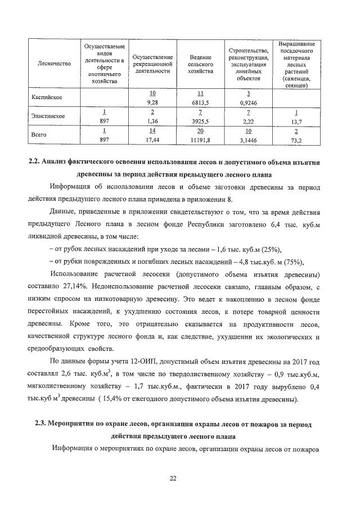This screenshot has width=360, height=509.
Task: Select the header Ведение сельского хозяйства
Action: click(200, 64)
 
